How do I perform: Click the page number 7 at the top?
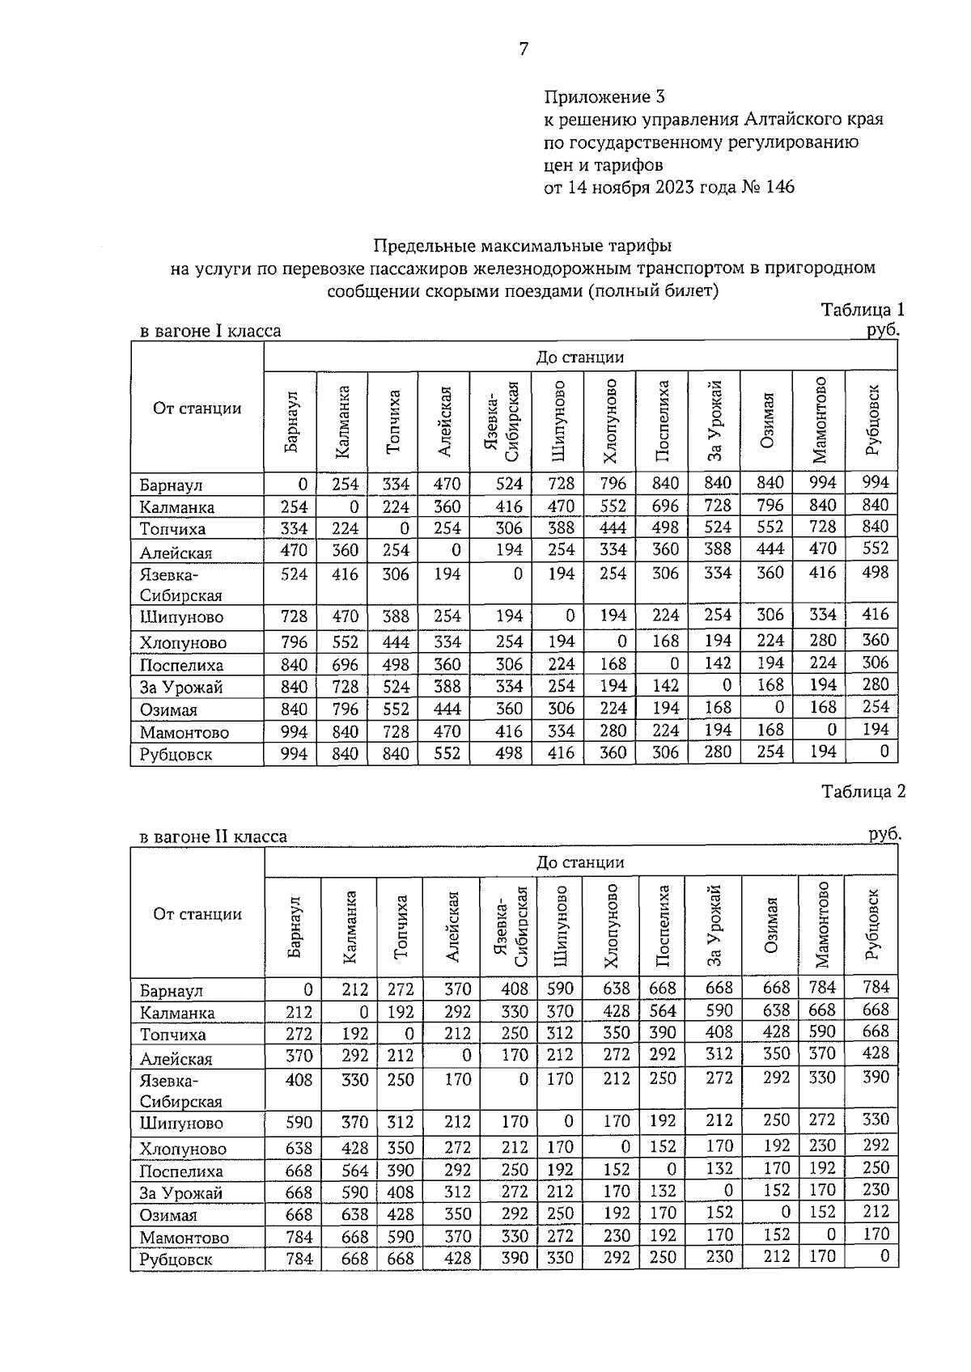[524, 49]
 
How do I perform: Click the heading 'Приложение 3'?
[604, 97]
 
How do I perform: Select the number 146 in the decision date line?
[779, 188]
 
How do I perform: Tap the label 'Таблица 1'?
[863, 310]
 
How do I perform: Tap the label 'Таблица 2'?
[863, 791]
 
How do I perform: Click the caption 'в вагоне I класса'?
[210, 331]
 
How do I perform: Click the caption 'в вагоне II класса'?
[214, 836]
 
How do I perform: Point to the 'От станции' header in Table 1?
[197, 409]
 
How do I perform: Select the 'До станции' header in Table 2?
[580, 863]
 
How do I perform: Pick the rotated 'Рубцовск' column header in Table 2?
[871, 925]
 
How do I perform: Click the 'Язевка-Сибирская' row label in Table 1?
[180, 585]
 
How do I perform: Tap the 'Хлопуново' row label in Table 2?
[183, 1149]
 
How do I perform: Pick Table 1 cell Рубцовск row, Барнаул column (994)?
[294, 754]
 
